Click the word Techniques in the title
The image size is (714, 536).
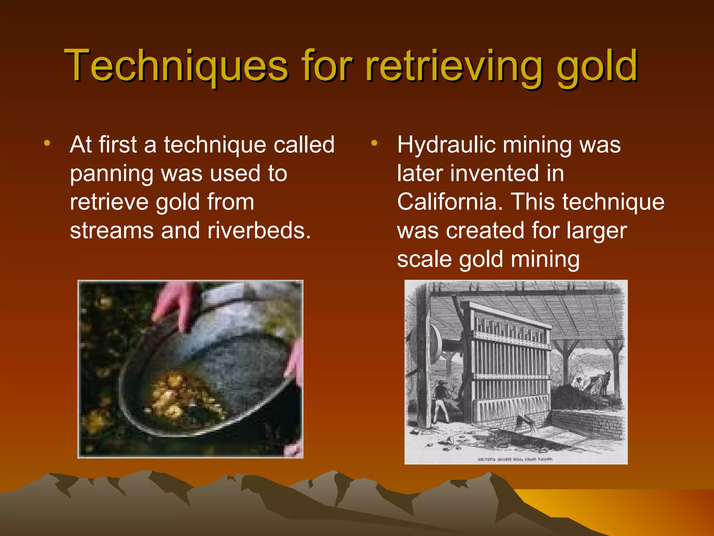[176, 66]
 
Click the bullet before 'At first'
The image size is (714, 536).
[47, 143]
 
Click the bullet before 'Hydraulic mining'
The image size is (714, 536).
[374, 143]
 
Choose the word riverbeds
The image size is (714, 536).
[259, 231]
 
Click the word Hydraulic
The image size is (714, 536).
[447, 145]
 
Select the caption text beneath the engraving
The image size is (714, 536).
[516, 459]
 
